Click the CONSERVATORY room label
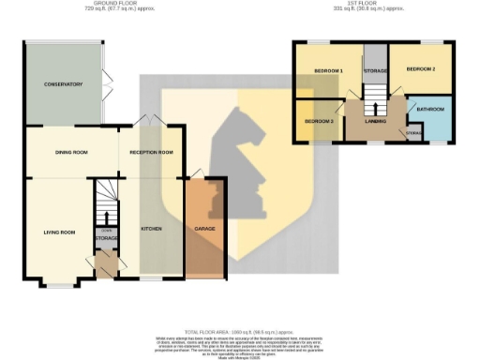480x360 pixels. [63, 84]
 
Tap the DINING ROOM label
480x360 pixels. [71, 152]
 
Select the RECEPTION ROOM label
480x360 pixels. [151, 152]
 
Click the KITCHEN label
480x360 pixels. [152, 228]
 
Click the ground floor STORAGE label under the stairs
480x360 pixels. [106, 238]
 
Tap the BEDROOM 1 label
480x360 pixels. [327, 71]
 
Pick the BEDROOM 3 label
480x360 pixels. [319, 122]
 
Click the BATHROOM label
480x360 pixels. [430, 110]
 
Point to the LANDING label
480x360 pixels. [377, 121]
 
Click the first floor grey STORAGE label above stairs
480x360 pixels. [375, 70]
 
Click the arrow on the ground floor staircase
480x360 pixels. [106, 200]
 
